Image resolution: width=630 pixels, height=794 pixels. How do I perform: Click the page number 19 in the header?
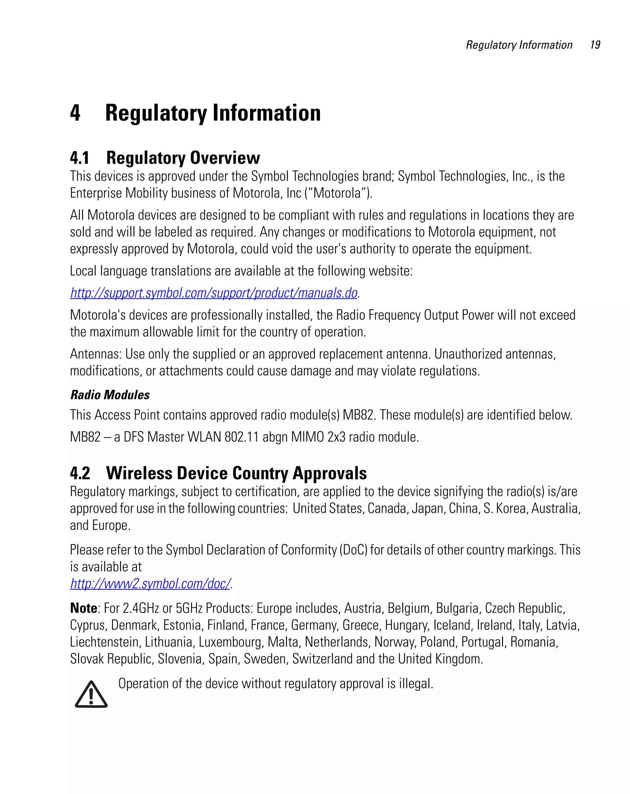coord(595,45)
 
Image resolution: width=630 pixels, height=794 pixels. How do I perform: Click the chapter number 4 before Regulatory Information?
coord(75,113)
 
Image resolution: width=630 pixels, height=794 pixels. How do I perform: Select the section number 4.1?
coord(79,158)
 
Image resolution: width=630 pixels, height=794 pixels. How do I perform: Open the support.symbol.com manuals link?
coord(213,293)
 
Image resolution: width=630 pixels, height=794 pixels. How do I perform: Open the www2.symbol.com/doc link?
coord(150,583)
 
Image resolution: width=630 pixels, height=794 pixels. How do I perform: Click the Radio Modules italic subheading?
coord(110,395)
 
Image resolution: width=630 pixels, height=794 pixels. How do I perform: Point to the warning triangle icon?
coord(91,694)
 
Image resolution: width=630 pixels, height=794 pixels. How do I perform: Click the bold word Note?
coord(84,608)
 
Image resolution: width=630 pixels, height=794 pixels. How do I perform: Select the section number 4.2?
coord(80,473)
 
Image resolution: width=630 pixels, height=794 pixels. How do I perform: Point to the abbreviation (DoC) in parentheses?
coord(353,550)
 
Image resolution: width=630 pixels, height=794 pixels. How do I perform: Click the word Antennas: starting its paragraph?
coord(96,354)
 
